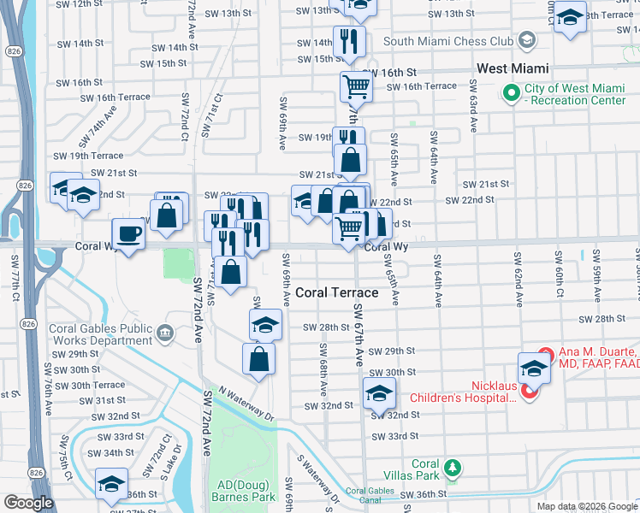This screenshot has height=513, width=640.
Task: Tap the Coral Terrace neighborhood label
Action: [x=336, y=292]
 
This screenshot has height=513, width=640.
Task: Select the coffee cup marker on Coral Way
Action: [x=128, y=233]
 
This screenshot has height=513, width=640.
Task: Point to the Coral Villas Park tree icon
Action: [x=453, y=469]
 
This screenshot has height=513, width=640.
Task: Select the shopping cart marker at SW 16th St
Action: [x=355, y=85]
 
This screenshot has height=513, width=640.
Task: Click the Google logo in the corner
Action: [x=28, y=503]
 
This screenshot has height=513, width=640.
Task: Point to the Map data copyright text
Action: [x=587, y=506]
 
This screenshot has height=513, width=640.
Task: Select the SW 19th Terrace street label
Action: [x=88, y=156]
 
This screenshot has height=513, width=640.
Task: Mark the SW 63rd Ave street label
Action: [x=472, y=107]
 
